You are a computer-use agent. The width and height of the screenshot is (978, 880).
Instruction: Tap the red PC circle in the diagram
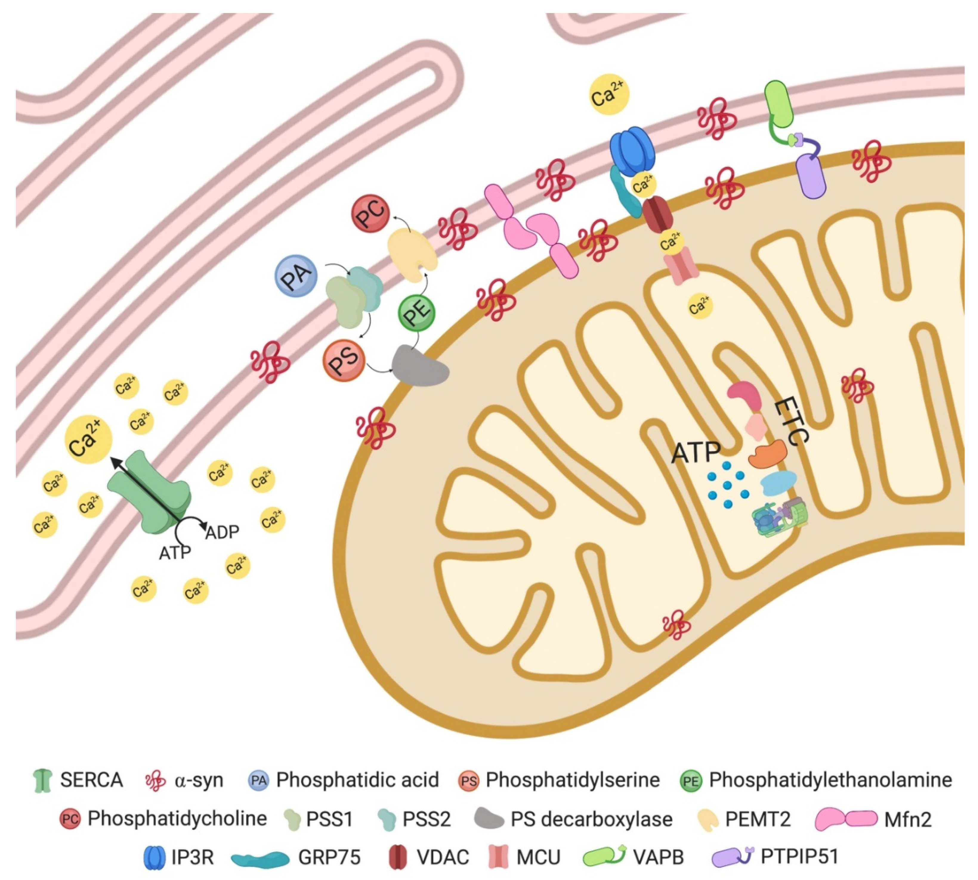coord(370,213)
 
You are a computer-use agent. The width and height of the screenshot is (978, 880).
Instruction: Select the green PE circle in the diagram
coord(416,313)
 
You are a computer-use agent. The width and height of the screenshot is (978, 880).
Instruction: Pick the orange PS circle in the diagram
coord(343,360)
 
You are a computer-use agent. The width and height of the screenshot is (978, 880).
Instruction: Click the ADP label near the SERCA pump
coord(222,532)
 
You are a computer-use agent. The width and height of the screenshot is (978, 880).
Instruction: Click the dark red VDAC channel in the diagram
coord(657,216)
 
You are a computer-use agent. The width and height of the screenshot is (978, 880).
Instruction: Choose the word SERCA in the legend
coord(91,780)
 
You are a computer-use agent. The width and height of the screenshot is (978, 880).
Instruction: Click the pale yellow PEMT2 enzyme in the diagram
coord(412,254)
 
